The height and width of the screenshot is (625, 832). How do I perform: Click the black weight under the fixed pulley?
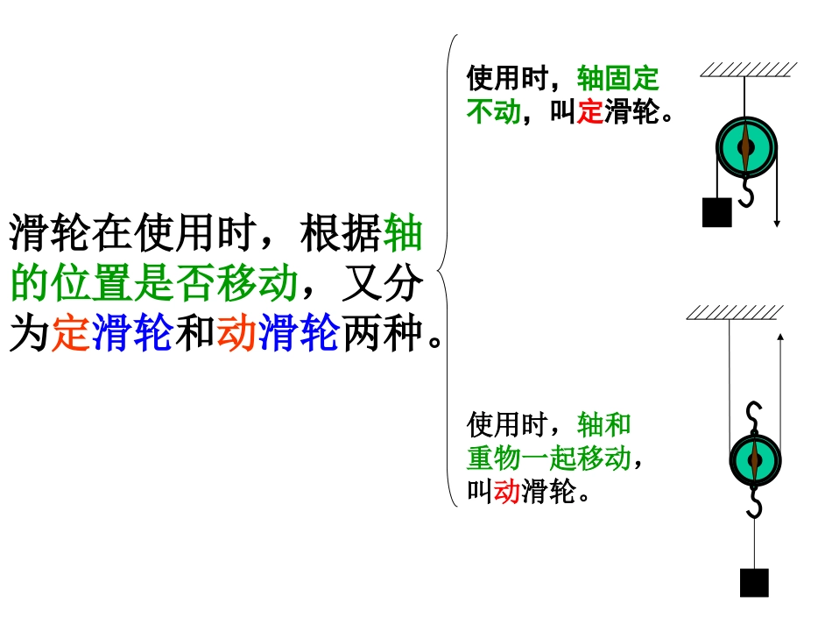(x=716, y=212)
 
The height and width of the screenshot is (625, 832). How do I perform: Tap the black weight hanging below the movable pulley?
(x=753, y=582)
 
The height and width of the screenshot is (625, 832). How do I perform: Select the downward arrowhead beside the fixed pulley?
(x=777, y=224)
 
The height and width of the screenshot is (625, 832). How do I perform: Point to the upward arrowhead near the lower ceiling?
(x=779, y=337)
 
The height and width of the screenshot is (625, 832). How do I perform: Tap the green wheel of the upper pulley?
(x=745, y=146)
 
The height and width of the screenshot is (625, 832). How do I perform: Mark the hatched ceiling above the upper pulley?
(x=748, y=69)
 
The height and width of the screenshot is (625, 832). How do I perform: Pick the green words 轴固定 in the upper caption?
(x=617, y=79)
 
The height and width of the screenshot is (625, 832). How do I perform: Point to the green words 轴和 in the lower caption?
(x=604, y=425)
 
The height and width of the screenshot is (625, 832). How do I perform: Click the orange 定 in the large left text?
(x=70, y=334)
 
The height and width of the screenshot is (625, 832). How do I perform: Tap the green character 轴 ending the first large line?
(x=403, y=234)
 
